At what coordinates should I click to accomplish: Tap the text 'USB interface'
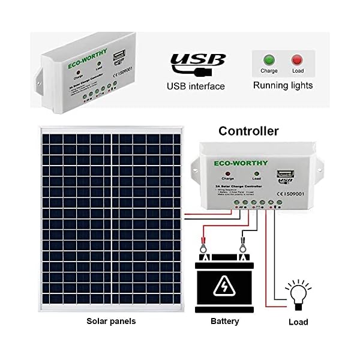(196, 86)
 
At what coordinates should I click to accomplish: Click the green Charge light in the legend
(269, 60)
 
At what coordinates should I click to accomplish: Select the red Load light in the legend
(296, 60)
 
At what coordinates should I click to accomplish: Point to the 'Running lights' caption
(283, 85)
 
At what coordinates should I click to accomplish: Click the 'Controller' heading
(248, 131)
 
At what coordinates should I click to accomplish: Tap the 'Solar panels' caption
(111, 321)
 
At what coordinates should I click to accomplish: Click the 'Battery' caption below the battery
(225, 321)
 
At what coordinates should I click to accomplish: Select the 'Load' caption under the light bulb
(298, 322)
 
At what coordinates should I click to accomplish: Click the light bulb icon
(298, 293)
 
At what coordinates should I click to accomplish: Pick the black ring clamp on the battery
(243, 246)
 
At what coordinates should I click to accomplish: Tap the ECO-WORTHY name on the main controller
(235, 162)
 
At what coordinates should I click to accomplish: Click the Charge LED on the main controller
(228, 173)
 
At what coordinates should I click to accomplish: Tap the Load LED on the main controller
(256, 173)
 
